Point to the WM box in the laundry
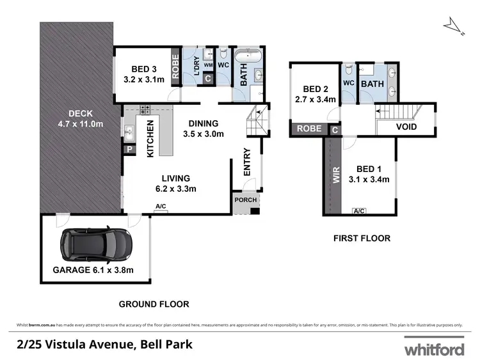[x=208, y=65]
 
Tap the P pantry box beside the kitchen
[x=129, y=150]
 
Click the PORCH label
[x=245, y=200]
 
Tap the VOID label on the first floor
[x=406, y=127]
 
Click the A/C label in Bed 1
[x=359, y=210]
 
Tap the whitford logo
[x=433, y=349]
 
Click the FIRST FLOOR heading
[x=362, y=239]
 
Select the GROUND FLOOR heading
[x=154, y=304]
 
